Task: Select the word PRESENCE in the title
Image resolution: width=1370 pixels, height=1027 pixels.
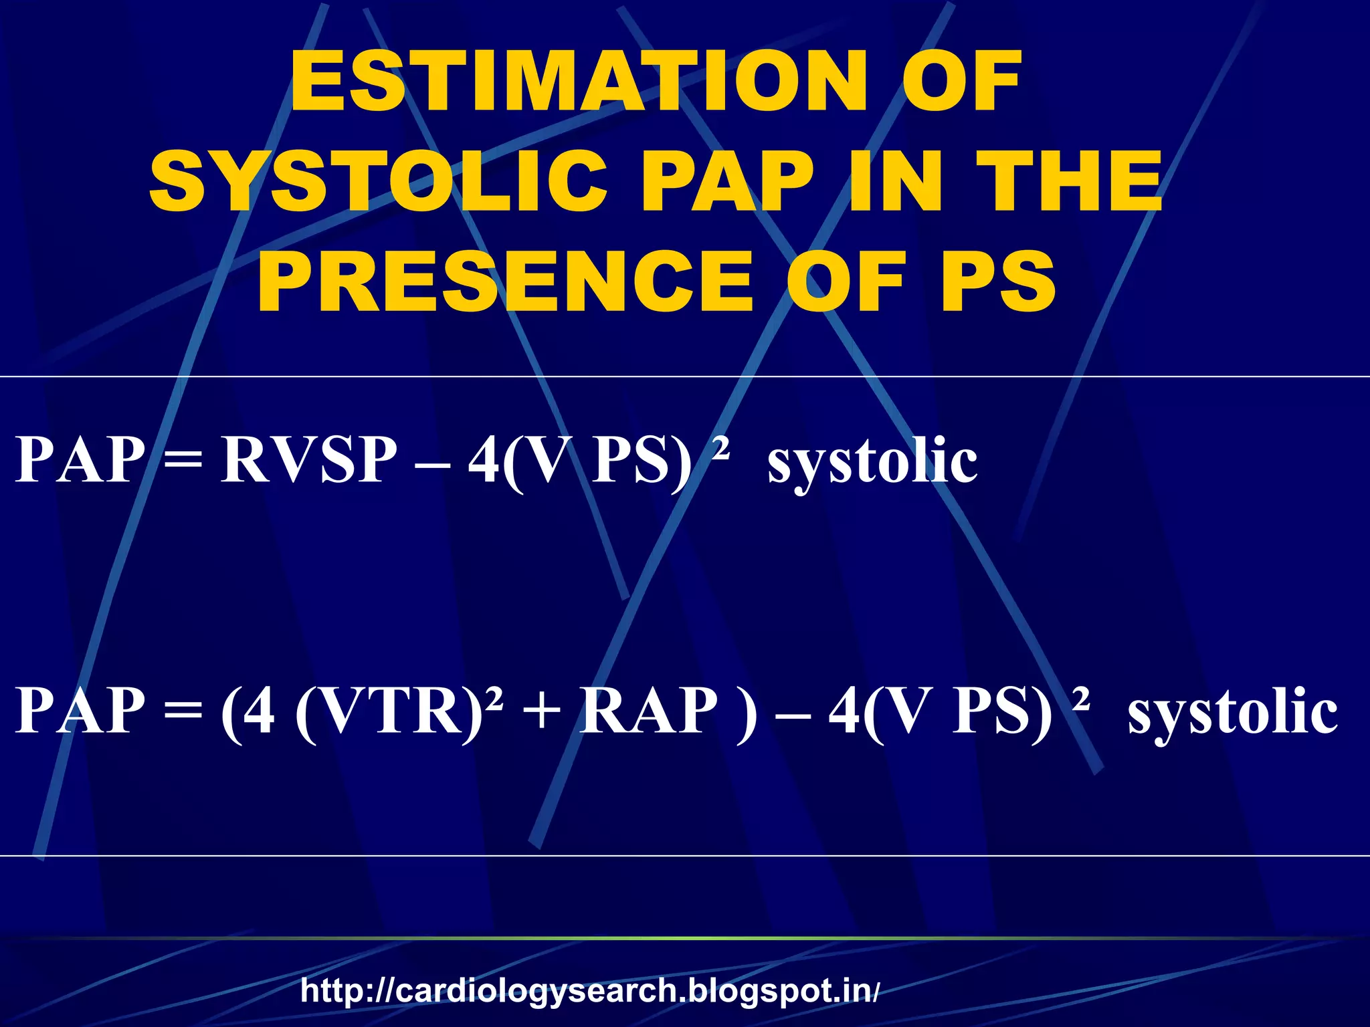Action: click(505, 279)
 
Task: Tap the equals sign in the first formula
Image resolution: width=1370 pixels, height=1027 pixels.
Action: click(183, 461)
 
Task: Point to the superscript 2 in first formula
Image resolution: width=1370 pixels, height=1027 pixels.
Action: click(720, 447)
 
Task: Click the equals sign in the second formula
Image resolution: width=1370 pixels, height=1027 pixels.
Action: click(183, 713)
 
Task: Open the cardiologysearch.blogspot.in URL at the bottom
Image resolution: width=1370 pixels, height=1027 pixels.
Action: click(589, 990)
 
